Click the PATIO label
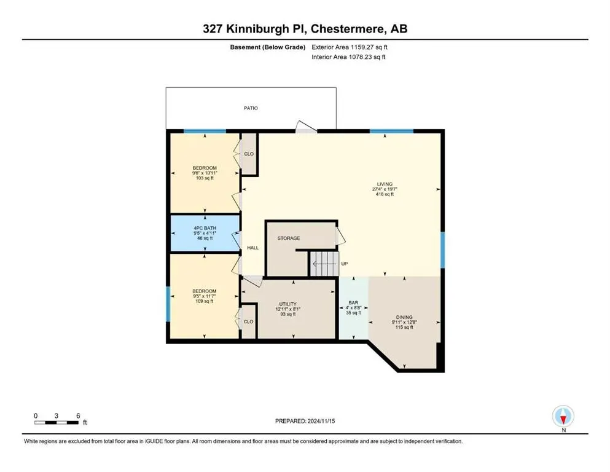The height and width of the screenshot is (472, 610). [250, 108]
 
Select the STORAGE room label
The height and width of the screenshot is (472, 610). [288, 238]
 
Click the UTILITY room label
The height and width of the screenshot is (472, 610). [287, 304]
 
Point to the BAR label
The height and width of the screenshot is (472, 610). [353, 302]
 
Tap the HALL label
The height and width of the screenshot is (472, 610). [252, 248]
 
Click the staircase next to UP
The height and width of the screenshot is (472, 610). [324, 264]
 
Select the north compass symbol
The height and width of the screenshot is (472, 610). [563, 417]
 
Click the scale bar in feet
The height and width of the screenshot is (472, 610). [57, 422]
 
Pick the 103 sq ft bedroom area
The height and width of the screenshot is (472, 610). [204, 178]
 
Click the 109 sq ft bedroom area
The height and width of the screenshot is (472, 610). [204, 301]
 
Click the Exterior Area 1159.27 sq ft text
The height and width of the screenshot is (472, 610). [350, 47]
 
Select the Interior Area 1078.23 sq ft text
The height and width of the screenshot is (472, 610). [349, 57]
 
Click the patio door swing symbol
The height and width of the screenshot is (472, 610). [305, 127]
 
